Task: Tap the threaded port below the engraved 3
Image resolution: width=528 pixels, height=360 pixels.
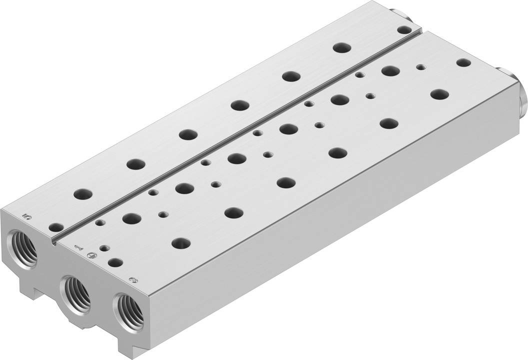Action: [129, 310]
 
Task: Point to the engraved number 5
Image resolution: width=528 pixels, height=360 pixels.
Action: [27, 216]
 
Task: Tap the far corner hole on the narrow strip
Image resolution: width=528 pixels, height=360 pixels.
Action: [403, 30]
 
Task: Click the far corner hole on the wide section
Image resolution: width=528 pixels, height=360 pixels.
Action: [463, 62]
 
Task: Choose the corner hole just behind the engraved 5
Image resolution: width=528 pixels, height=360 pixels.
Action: [56, 227]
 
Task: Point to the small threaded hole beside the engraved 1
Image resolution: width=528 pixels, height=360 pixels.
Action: [104, 248]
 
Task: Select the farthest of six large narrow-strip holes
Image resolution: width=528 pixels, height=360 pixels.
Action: [341, 48]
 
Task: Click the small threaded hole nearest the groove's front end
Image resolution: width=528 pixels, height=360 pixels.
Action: [100, 223]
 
